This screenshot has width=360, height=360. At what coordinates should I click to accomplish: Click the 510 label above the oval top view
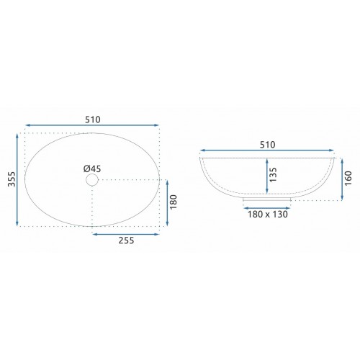pyautogui.click(x=93, y=120)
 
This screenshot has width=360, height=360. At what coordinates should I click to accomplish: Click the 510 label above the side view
pyautogui.click(x=267, y=145)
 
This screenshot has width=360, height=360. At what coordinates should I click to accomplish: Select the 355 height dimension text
pyautogui.click(x=12, y=179)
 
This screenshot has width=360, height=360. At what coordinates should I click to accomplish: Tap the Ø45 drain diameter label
pyautogui.click(x=92, y=169)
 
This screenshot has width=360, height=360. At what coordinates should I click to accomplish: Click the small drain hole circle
pyautogui.click(x=92, y=180)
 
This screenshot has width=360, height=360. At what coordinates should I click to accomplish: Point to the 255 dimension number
pyautogui.click(x=126, y=240)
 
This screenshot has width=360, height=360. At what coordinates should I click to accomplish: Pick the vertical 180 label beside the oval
pyautogui.click(x=174, y=202)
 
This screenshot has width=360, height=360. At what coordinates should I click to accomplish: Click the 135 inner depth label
pyautogui.click(x=273, y=175)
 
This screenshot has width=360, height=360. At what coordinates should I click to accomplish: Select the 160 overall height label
pyautogui.click(x=348, y=178)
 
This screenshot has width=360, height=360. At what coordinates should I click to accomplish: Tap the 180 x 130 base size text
pyautogui.click(x=267, y=215)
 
